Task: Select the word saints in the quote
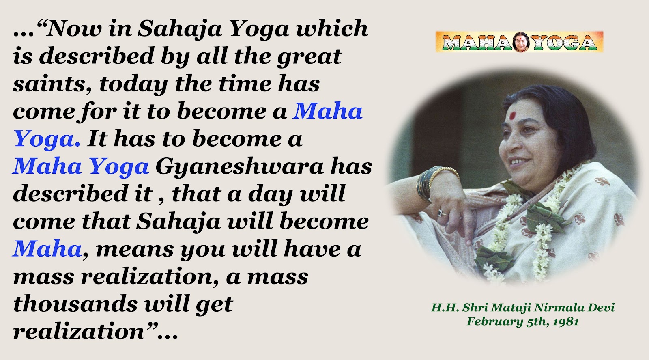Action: (x=52, y=84)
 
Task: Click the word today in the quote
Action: (x=133, y=84)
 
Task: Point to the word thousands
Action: (x=75, y=304)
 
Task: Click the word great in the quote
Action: (x=309, y=56)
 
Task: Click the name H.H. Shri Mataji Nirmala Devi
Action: (x=523, y=307)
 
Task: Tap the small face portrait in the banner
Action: (x=522, y=42)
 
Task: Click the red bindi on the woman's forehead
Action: (x=513, y=116)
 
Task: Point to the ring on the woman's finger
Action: (x=442, y=213)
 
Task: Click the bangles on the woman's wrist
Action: (x=434, y=183)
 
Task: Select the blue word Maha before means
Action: (x=47, y=249)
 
